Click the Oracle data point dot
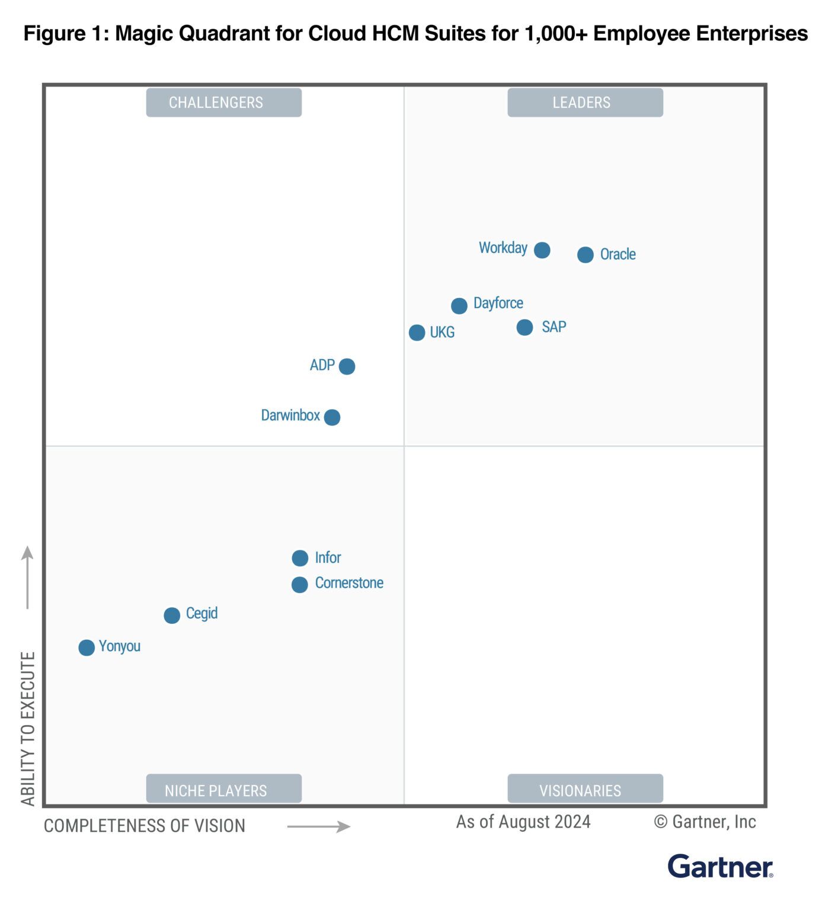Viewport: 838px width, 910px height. [x=585, y=255]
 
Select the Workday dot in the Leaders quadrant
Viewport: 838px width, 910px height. [x=542, y=250]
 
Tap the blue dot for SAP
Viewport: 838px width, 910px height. [x=524, y=327]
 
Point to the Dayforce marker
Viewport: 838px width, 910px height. [x=459, y=306]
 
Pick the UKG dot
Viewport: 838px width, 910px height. [x=417, y=332]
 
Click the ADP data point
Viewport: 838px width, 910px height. [x=347, y=366]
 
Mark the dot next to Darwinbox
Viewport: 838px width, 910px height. [x=332, y=417]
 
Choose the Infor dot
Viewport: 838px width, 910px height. [x=300, y=558]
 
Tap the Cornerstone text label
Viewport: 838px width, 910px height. [x=349, y=583]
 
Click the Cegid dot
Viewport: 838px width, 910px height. [x=172, y=616]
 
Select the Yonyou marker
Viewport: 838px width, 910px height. [x=87, y=648]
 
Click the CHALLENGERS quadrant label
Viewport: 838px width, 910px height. [x=223, y=102]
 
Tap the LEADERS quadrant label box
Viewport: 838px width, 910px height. [x=585, y=102]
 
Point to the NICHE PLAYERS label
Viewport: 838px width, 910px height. [x=223, y=790]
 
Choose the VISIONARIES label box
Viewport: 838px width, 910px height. [x=585, y=790]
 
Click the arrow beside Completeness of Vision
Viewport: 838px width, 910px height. [x=319, y=826]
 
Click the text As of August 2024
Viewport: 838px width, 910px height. [x=523, y=822]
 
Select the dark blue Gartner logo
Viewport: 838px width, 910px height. [x=720, y=867]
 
